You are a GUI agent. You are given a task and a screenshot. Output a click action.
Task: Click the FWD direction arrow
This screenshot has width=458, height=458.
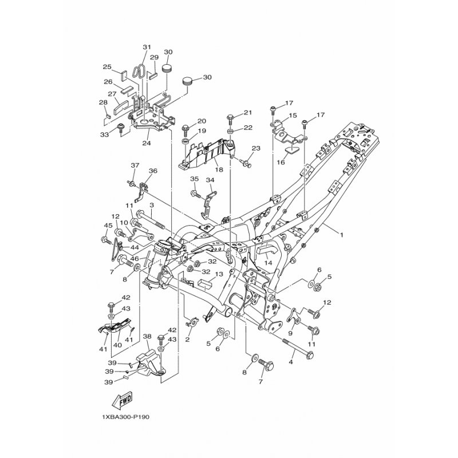[123, 400]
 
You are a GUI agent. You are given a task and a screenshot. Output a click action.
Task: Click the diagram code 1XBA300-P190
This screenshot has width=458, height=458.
[125, 417]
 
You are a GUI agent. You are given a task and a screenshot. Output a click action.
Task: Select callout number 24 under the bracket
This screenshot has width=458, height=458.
[147, 143]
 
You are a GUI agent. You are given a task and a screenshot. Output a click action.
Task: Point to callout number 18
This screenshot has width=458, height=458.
[219, 169]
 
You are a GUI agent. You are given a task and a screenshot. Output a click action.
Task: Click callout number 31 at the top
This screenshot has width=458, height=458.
[147, 47]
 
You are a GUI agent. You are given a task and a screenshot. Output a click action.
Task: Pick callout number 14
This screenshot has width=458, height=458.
[268, 263]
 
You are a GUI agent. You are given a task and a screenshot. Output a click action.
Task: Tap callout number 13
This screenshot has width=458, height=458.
[219, 274]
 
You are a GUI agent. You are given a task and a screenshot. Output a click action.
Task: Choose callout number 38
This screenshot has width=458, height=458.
[147, 336]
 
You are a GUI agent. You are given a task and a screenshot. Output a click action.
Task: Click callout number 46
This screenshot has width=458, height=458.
[135, 259]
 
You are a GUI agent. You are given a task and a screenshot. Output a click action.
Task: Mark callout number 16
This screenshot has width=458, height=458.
[281, 162]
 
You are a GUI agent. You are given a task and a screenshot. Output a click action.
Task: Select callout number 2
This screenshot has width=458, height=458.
[188, 339]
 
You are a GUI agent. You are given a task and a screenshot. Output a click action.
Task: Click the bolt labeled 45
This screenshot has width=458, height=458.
[106, 240]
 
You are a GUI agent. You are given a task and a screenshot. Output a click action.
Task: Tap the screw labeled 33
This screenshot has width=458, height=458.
[121, 128]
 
